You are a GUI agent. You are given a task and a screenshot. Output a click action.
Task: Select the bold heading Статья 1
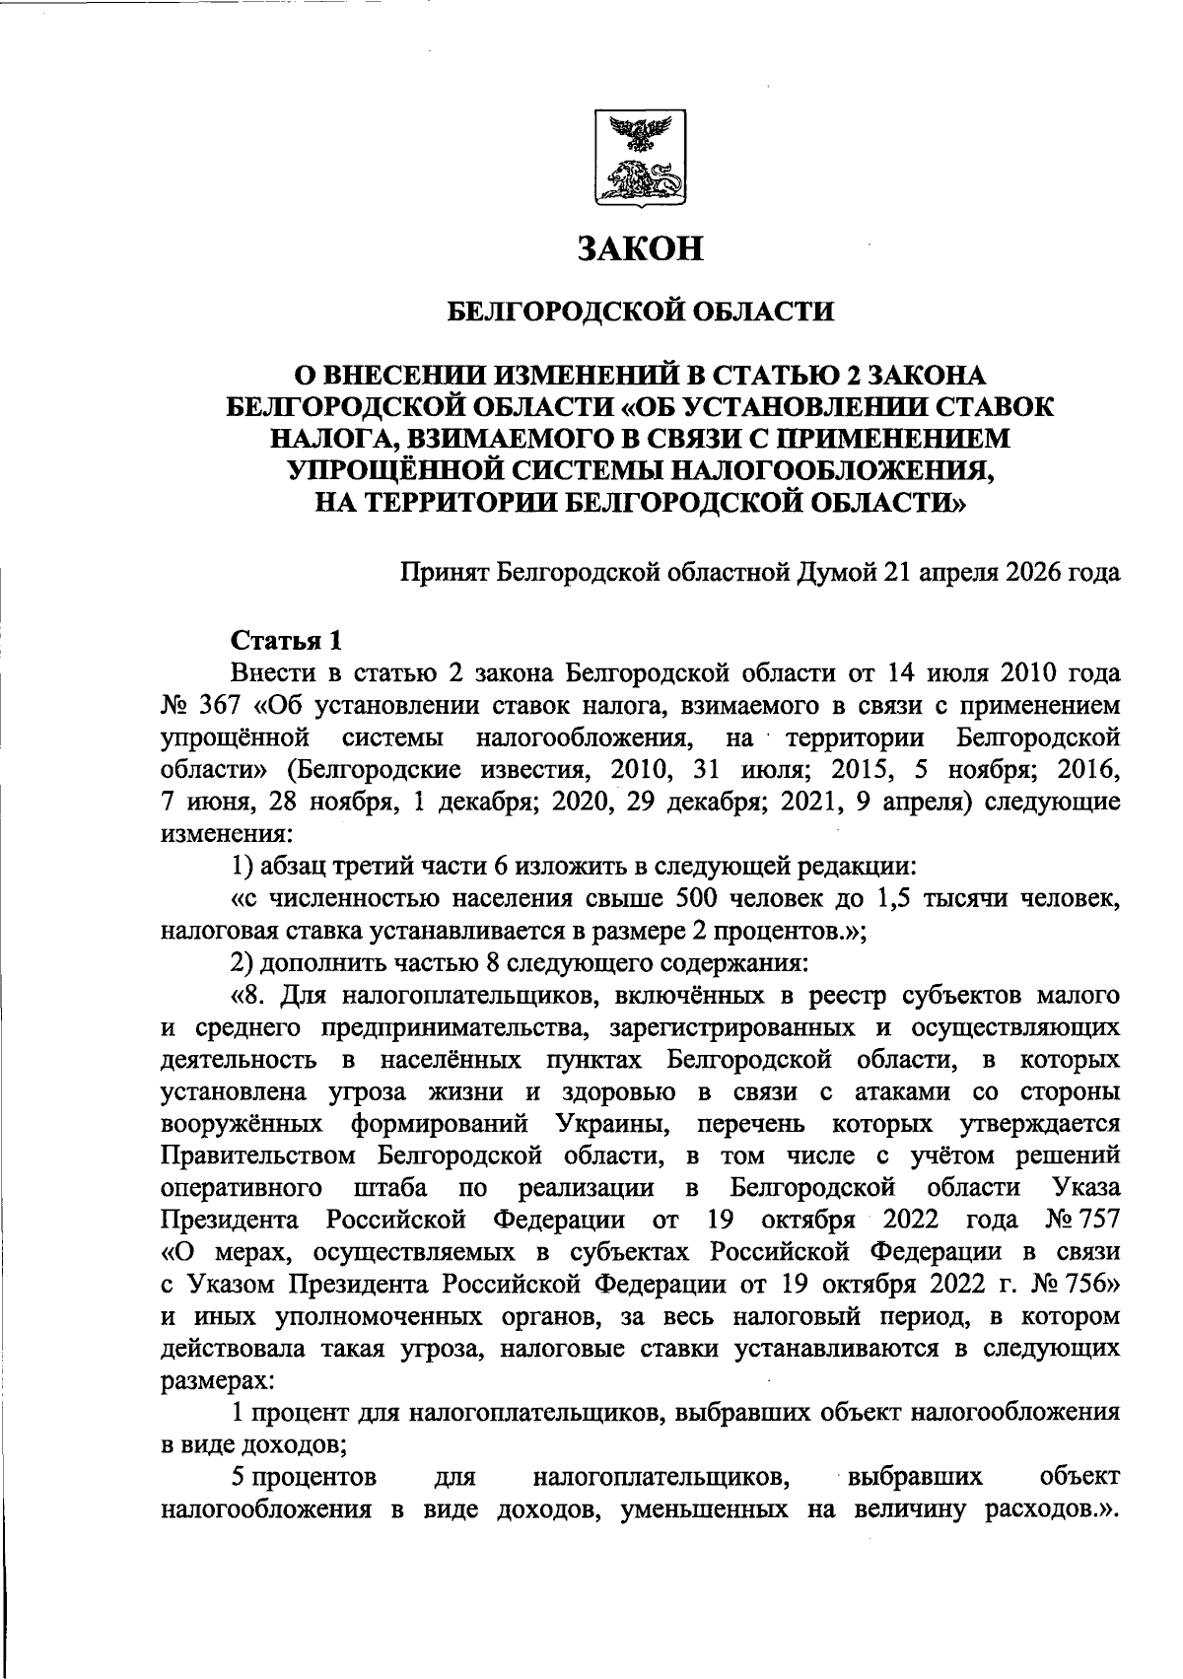pos(286,641)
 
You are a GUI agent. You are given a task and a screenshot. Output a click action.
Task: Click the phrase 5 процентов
pos(303,1477)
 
